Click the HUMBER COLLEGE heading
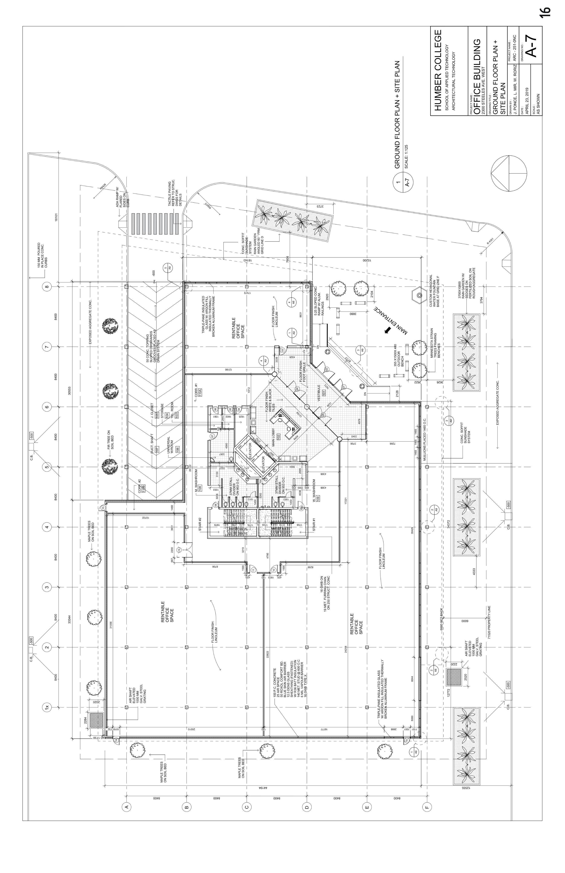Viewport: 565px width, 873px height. [x=438, y=70]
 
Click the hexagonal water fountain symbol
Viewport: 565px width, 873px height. [x=418, y=294]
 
